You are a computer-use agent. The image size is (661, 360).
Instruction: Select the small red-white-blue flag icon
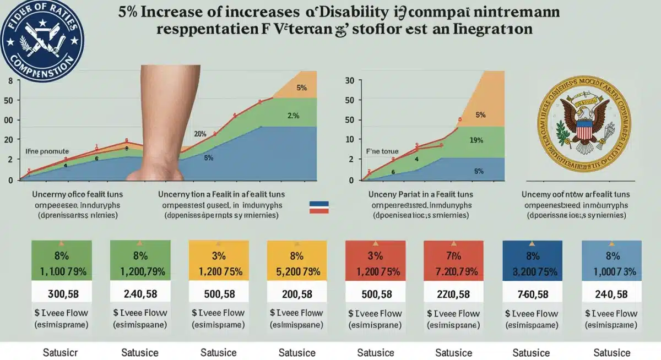coord(319,207)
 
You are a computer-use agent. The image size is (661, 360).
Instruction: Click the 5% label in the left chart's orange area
coord(301,88)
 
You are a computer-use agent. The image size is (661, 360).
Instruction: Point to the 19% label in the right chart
coord(477,140)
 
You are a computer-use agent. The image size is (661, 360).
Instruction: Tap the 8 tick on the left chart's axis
coord(9,81)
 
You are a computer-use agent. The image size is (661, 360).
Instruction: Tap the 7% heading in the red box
coord(453,255)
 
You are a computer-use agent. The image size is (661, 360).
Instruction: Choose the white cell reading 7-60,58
coord(532,293)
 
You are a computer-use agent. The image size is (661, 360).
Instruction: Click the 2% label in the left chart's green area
coord(293,116)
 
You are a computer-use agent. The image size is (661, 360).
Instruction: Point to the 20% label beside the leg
coord(200,133)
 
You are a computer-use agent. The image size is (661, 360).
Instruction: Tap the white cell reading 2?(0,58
coord(453,293)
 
